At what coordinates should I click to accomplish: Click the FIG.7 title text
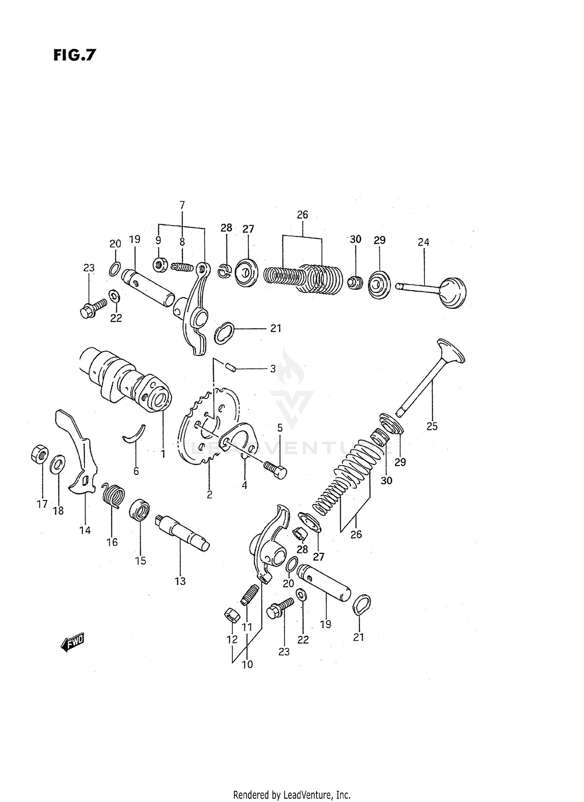74,55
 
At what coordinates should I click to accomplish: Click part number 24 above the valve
423,242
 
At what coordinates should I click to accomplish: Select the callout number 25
432,426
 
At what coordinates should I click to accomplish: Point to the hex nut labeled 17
39,455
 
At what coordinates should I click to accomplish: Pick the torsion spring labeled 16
113,495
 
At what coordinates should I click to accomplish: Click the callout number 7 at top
182,205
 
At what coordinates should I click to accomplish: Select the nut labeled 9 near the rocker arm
160,265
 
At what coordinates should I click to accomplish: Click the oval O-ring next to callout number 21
225,333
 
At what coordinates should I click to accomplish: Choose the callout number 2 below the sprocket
209,495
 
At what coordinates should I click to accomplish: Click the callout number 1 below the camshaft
163,454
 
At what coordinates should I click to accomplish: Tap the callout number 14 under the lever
85,530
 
